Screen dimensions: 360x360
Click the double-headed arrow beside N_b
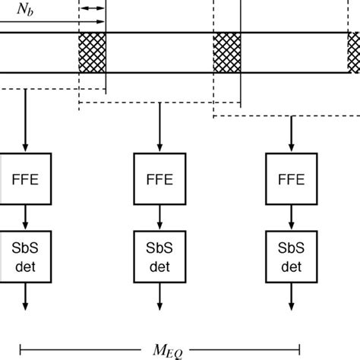[93, 8]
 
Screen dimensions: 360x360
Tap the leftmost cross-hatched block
[92, 53]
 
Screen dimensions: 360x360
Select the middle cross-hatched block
[226, 53]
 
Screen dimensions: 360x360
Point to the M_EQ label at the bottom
[180, 350]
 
